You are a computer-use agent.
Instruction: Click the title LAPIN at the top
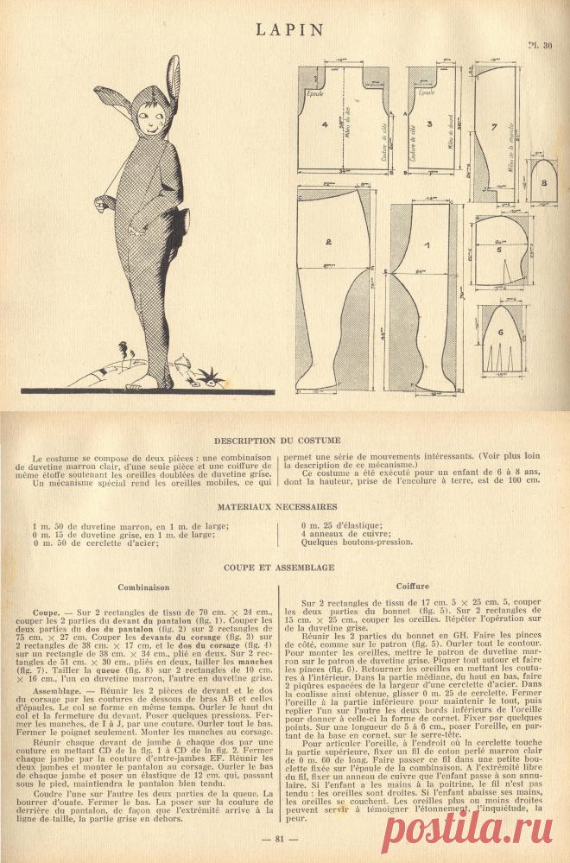click(x=289, y=29)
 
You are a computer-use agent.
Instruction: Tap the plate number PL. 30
click(x=541, y=48)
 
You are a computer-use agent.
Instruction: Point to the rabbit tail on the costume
click(x=103, y=206)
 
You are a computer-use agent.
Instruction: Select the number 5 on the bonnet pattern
click(x=499, y=248)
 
